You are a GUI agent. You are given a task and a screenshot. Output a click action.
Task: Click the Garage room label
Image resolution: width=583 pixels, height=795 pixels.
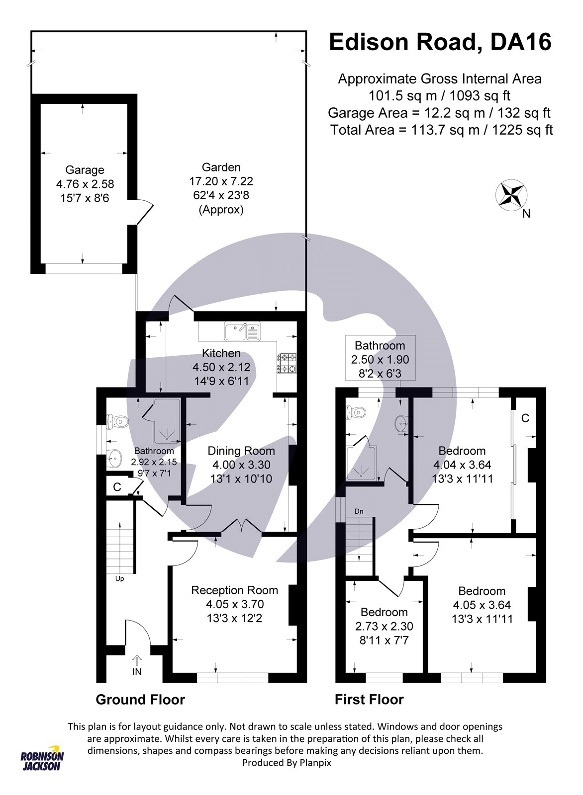(x=85, y=170)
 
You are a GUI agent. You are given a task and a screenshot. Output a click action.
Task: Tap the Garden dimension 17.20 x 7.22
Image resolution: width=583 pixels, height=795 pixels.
(x=221, y=181)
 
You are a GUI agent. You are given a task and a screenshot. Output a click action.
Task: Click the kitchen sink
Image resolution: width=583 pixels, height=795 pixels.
(x=242, y=331)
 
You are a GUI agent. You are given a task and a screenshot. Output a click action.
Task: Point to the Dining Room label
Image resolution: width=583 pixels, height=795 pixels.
(x=241, y=451)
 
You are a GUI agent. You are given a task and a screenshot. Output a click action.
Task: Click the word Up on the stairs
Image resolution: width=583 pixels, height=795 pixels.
(x=120, y=579)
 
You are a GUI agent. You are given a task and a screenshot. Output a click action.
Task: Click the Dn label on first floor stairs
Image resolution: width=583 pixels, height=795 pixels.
(x=359, y=511)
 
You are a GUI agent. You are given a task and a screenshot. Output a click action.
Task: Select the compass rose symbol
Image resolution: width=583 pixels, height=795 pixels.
(x=511, y=195)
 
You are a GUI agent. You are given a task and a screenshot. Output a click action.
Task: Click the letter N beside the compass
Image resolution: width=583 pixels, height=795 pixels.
(x=526, y=214)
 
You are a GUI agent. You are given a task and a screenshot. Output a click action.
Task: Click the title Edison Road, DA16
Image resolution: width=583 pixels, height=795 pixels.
(x=440, y=42)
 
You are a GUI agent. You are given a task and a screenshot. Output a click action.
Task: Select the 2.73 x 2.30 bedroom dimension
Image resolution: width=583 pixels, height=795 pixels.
(x=384, y=636)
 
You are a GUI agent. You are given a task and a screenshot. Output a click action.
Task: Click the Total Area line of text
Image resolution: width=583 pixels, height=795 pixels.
(x=442, y=130)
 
